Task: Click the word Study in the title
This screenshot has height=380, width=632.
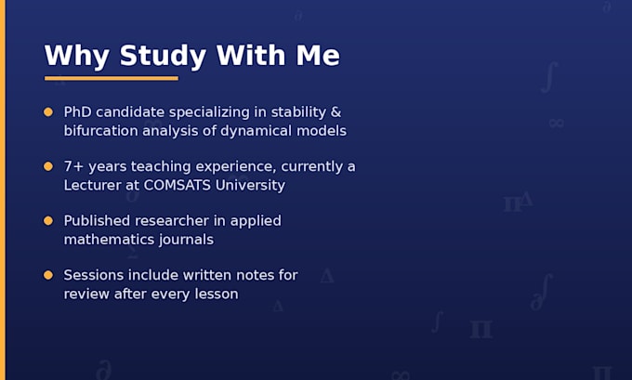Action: coord(163,56)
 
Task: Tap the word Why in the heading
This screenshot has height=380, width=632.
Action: coord(76,56)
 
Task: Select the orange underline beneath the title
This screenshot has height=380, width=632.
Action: coord(112,78)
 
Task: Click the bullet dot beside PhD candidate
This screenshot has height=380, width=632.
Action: coord(48,112)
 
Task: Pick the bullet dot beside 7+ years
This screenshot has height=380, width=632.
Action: coord(48,166)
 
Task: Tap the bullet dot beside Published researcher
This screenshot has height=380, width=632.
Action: coord(48,221)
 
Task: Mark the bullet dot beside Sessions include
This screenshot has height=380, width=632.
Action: coord(48,275)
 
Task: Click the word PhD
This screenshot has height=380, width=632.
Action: coord(77,112)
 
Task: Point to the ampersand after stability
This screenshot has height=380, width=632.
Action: coord(336,112)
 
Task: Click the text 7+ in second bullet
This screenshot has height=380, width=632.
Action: coord(73,166)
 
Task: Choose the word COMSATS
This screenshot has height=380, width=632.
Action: coord(178,186)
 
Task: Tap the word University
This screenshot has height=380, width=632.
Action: coord(250,186)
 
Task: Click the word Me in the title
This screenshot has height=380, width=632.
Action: coord(318,56)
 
